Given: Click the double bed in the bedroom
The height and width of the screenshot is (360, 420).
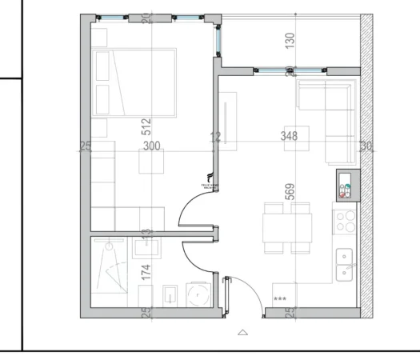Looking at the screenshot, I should [x=134, y=82].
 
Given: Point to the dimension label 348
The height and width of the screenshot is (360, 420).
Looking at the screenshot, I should [x=290, y=137].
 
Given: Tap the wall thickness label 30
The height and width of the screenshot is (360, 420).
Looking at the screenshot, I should [x=366, y=146].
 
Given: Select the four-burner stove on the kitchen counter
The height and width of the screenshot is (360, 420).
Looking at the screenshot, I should [x=346, y=219].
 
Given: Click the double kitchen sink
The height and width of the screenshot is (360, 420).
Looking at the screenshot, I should [x=346, y=264].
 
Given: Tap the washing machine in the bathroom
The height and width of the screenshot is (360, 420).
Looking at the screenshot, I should [x=197, y=296].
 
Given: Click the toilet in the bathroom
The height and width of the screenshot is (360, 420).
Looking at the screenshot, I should [x=170, y=296].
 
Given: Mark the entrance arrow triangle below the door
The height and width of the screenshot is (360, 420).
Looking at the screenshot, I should [x=243, y=330].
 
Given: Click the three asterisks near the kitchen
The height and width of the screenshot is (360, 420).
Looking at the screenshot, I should [x=280, y=299].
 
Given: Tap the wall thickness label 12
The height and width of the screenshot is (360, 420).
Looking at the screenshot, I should [x=214, y=138].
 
